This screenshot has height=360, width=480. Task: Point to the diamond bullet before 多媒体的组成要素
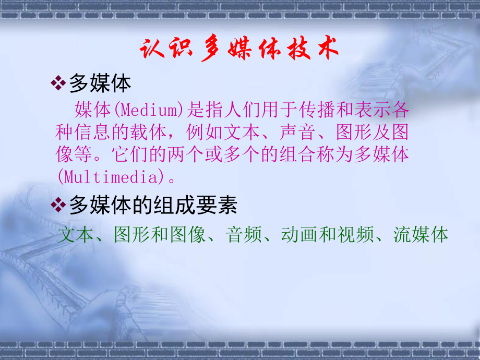click(x=58, y=206)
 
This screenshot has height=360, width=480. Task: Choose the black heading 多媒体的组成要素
click(x=153, y=206)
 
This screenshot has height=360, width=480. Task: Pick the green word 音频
click(x=243, y=235)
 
